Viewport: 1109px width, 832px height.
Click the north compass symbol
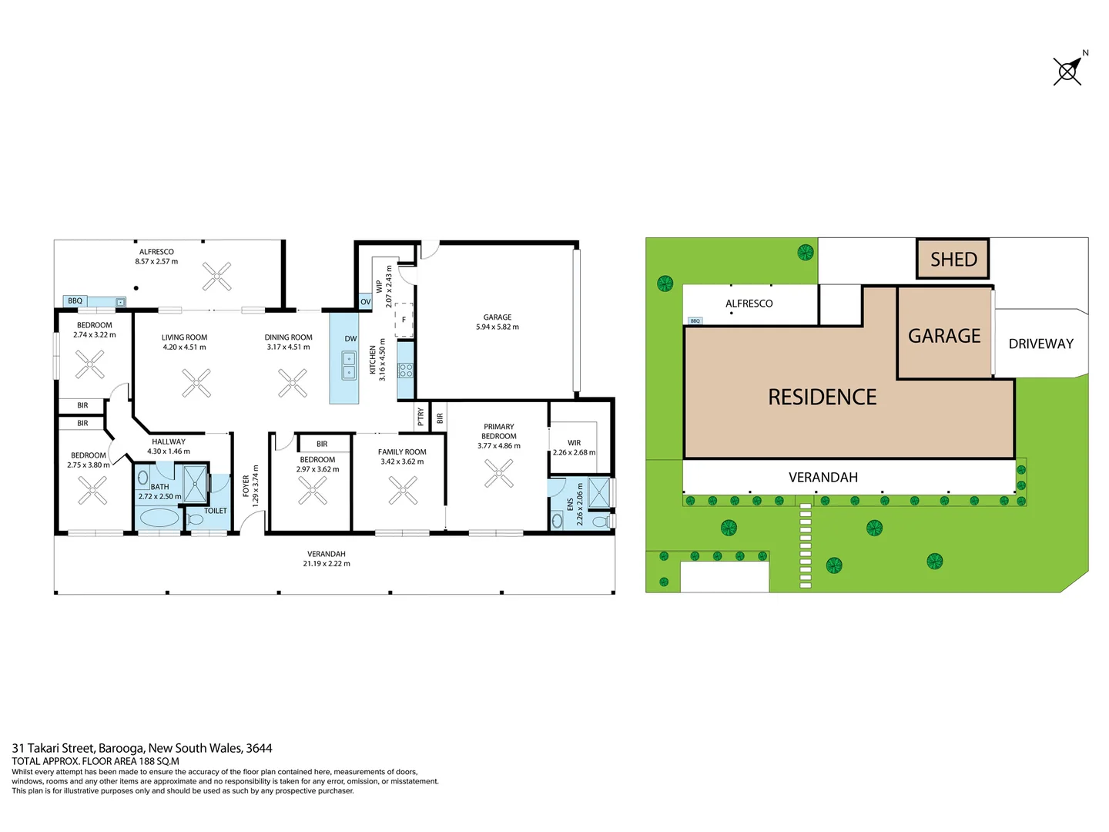click(1067, 71)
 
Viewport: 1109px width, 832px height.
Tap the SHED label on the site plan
click(953, 260)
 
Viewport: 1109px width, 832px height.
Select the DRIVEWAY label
click(1040, 344)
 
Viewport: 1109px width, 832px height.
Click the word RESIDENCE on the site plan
click(822, 397)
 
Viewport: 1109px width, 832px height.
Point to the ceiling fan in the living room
click(196, 383)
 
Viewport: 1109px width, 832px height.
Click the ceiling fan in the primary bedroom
click(498, 473)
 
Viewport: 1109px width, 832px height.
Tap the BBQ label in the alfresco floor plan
click(75, 301)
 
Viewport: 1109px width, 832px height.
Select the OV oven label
click(366, 302)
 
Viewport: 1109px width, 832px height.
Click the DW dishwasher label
click(350, 339)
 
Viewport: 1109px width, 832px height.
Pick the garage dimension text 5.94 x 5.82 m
click(498, 327)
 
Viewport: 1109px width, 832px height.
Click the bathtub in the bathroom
click(159, 517)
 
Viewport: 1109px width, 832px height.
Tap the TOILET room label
click(216, 511)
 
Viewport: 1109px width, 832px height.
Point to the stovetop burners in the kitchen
click(405, 370)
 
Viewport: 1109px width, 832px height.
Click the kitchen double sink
click(349, 365)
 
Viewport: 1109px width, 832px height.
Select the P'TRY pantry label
click(420, 417)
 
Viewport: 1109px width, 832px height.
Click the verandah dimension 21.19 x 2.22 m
click(327, 563)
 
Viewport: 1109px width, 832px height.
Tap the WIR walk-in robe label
click(574, 443)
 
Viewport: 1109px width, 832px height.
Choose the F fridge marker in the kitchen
click(404, 320)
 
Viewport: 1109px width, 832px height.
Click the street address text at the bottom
click(142, 748)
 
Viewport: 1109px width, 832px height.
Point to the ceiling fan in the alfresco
click(216, 276)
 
